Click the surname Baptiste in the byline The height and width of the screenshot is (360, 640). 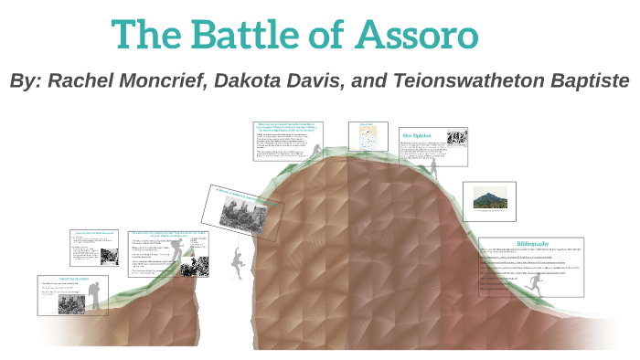pos(584,81)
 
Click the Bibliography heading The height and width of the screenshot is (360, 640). pos(532,244)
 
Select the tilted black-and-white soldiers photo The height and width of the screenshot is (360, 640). pos(241,209)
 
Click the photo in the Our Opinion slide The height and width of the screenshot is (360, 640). pos(457,140)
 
